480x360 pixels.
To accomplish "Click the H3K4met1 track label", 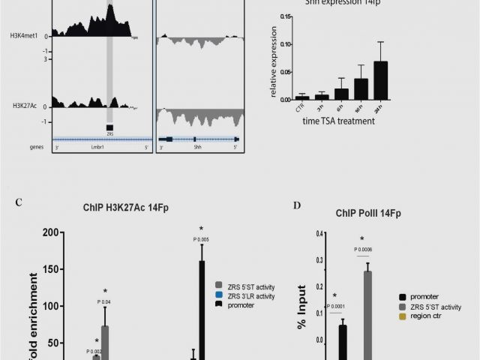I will click(x=24, y=35).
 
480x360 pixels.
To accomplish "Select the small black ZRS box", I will click(x=109, y=127).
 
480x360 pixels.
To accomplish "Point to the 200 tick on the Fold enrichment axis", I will click(x=50, y=232).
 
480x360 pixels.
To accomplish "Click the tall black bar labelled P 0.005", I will click(x=202, y=307).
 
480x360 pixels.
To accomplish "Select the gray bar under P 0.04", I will click(x=106, y=342).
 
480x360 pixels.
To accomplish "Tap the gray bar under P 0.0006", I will click(x=367, y=315).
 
